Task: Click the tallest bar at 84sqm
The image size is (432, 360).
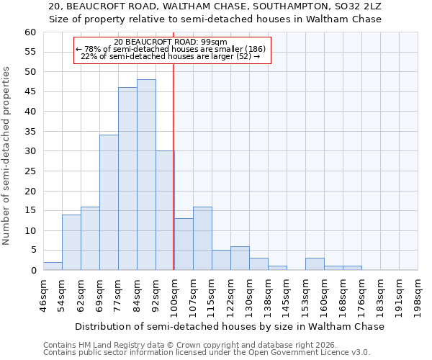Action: [x=146, y=175]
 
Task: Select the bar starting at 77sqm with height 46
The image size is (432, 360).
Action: [x=127, y=179]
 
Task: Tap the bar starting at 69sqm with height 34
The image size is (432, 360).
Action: [x=109, y=202]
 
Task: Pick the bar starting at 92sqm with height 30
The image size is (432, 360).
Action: [x=165, y=210]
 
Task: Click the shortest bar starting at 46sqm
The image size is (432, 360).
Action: [x=53, y=266]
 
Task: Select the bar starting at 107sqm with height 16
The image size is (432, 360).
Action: [x=202, y=238]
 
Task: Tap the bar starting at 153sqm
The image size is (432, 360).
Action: [x=315, y=264]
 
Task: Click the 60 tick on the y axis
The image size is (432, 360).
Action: [x=30, y=32]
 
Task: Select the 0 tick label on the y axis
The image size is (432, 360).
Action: [x=32, y=271]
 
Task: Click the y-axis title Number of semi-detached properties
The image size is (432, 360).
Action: [x=7, y=156]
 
